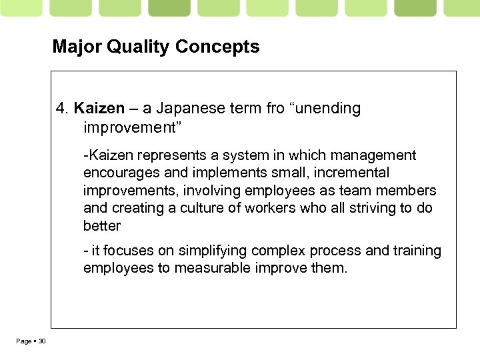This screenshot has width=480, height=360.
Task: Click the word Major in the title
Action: point(77,47)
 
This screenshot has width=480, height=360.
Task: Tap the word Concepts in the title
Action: point(218,47)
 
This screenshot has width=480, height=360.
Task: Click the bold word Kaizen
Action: point(99,108)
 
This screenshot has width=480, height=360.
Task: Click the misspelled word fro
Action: point(275,108)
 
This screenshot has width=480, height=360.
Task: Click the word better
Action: point(101,225)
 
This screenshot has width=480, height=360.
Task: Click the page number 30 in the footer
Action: point(42,341)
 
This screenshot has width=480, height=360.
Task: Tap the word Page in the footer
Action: point(23,341)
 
